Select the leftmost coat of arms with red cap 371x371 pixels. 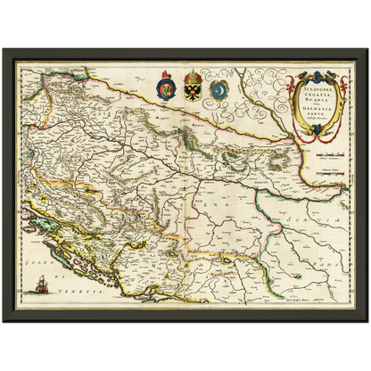(167, 88)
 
